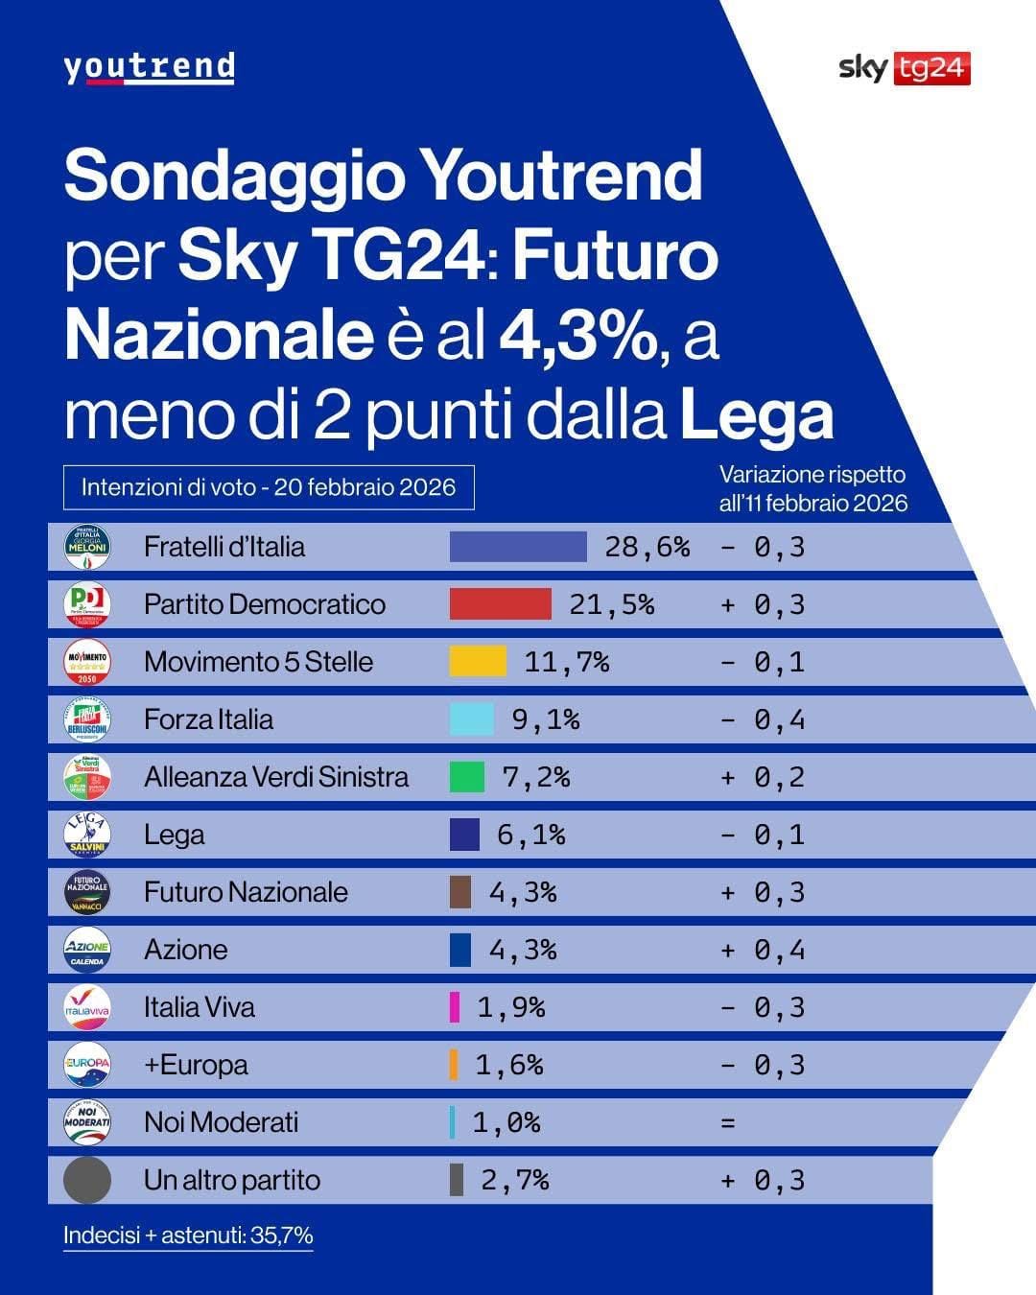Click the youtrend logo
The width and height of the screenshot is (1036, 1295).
point(149,68)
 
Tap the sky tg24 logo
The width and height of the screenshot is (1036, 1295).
point(904,68)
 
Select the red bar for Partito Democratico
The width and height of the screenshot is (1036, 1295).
point(500,604)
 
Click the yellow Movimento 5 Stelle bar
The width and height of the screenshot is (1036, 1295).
point(478,662)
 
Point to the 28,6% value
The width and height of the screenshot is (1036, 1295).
point(647,547)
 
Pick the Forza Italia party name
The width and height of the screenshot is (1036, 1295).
point(208,719)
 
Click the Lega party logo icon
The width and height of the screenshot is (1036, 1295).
point(86,835)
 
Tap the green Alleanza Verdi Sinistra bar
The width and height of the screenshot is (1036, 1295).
point(466,777)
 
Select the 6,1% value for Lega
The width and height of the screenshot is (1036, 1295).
point(530,835)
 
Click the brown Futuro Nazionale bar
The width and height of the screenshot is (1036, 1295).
point(460,892)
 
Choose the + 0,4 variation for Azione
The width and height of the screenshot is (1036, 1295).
point(763,950)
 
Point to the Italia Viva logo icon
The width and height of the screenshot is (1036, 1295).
point(86,1007)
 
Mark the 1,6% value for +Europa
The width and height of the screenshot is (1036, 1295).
point(508,1065)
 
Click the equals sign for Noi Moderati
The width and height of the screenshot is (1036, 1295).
point(728,1122)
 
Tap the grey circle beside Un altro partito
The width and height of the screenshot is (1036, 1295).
point(86,1180)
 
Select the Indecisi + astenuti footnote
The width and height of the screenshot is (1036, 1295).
point(188,1236)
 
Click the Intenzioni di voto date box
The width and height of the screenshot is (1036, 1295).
point(269,486)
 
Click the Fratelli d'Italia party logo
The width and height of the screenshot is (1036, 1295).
point(86,547)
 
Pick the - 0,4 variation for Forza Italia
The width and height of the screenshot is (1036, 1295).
point(763,719)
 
